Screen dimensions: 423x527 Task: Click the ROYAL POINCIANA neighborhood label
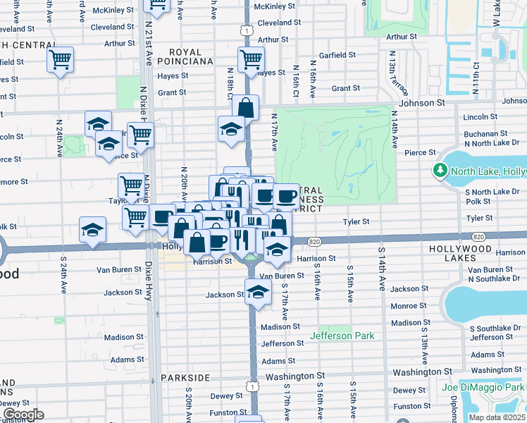tap(190, 57)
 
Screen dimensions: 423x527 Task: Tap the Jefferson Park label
tap(346, 336)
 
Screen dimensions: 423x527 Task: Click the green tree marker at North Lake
tap(440, 170)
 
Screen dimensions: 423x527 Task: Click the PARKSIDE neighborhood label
tap(185, 378)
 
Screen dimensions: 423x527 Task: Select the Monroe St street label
tap(405, 306)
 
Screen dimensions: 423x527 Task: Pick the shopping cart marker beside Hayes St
tap(251, 59)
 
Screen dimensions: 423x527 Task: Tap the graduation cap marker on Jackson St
tap(259, 290)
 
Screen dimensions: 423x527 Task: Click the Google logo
tap(23, 415)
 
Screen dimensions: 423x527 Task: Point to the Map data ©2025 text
tap(497, 417)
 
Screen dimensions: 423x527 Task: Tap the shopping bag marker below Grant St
tap(246, 108)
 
